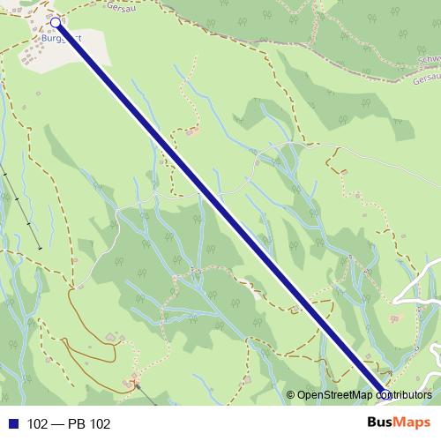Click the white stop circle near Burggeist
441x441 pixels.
(x=56, y=22)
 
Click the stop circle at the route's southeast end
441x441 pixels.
(x=385, y=394)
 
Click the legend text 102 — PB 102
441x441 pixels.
(x=69, y=424)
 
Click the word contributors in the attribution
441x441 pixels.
(x=406, y=395)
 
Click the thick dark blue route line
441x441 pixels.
(x=220, y=208)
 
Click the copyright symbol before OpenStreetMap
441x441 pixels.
(x=290, y=395)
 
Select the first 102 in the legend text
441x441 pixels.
(x=37, y=424)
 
